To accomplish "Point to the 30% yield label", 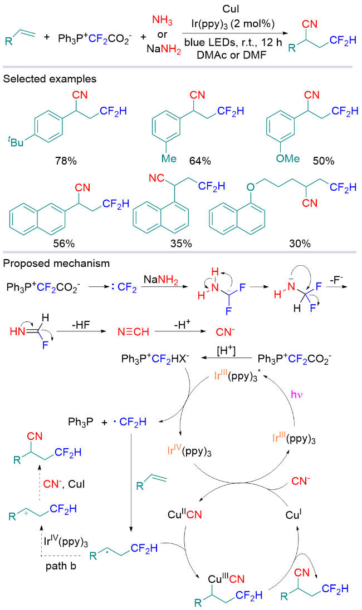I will click(x=300, y=243).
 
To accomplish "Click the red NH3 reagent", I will click(x=160, y=21).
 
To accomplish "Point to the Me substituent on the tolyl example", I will click(x=169, y=160).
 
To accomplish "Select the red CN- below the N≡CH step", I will click(x=224, y=333).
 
